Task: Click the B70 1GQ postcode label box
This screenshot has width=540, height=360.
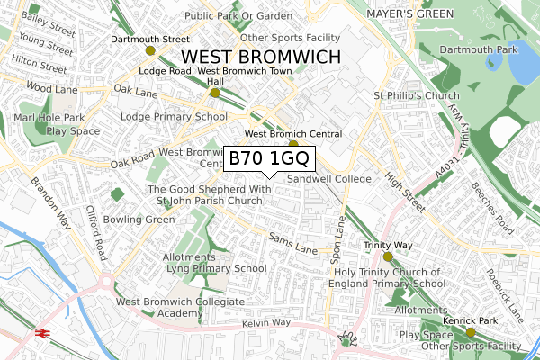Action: (x=269, y=158)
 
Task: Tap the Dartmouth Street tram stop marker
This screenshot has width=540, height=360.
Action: (x=149, y=50)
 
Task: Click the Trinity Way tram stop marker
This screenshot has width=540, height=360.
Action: (x=388, y=256)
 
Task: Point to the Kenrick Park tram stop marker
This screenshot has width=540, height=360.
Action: (x=471, y=332)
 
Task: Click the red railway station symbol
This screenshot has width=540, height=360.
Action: (x=41, y=332)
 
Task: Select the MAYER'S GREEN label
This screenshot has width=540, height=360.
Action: (x=409, y=14)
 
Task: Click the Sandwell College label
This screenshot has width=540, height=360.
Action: (x=329, y=179)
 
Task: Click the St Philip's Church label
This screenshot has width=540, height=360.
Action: (x=410, y=95)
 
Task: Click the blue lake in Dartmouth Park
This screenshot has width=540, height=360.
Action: (x=519, y=70)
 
